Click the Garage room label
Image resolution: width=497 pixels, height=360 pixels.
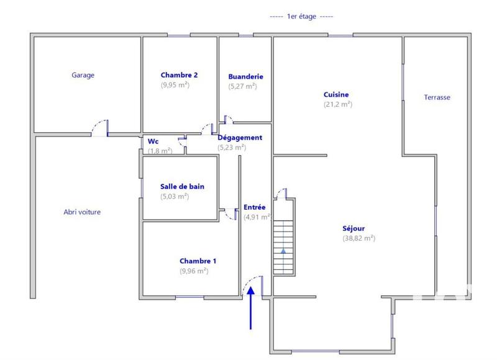[83, 75]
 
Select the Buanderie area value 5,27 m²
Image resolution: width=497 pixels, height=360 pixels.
[242, 87]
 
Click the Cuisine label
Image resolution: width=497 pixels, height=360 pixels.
[336, 94]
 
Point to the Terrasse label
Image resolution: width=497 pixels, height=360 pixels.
[437, 97]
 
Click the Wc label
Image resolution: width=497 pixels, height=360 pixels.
[153, 141]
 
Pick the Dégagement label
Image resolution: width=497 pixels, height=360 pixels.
[240, 138]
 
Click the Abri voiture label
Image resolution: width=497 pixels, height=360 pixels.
[82, 212]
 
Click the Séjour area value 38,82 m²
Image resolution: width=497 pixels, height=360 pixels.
[358, 238]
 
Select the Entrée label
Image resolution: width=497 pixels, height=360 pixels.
[254, 207]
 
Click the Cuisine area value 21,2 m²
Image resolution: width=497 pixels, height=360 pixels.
[338, 104]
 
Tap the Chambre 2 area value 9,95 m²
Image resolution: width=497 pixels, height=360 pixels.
[175, 85]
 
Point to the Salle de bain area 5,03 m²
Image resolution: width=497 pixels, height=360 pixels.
[175, 196]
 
